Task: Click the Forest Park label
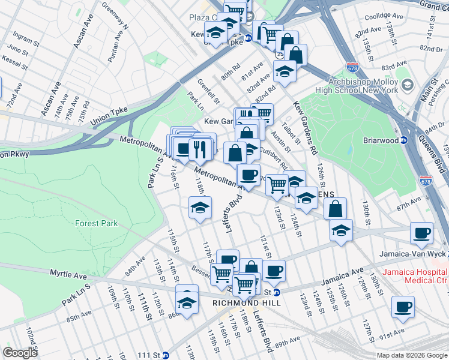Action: pyautogui.click(x=97, y=223)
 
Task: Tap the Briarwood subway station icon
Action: pyautogui.click(x=404, y=140)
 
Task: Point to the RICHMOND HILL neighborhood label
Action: pyautogui.click(x=239, y=304)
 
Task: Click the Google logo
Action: pyautogui.click(x=20, y=353)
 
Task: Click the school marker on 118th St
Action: pyautogui.click(x=200, y=208)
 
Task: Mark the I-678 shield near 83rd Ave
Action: pyautogui.click(x=353, y=68)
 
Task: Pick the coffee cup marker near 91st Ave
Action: pyautogui.click(x=402, y=307)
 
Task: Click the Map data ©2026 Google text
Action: pyautogui.click(x=411, y=355)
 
